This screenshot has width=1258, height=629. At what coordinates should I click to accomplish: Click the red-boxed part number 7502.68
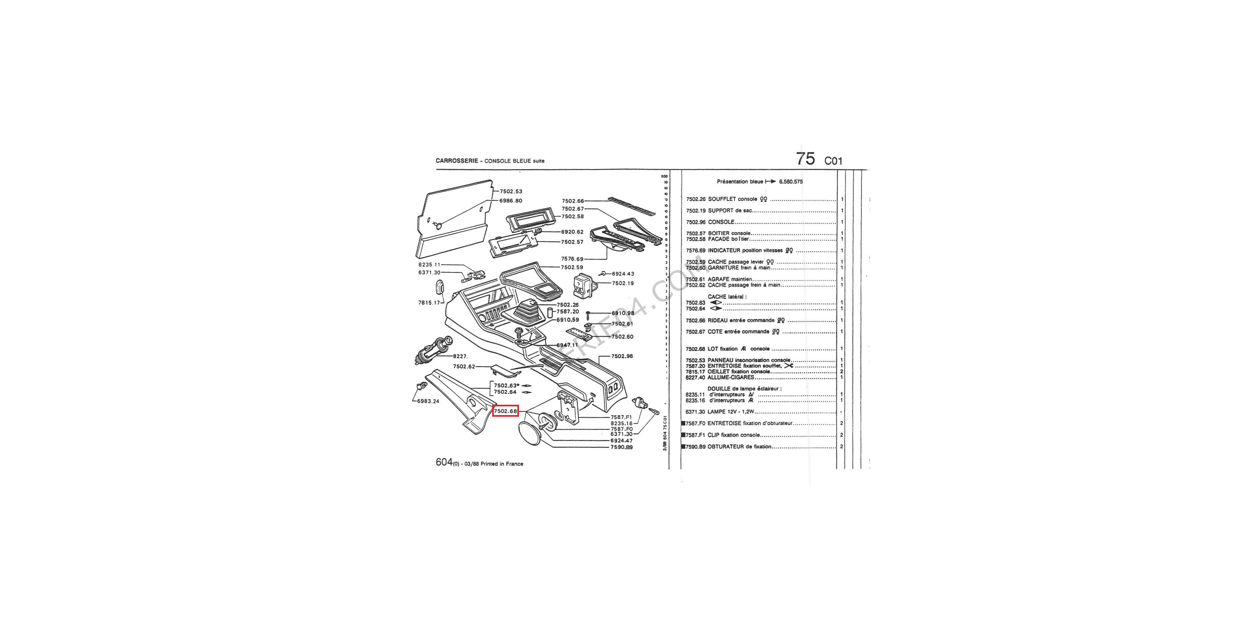[x=505, y=411]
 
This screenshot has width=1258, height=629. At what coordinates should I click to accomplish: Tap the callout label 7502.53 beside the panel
[x=510, y=192]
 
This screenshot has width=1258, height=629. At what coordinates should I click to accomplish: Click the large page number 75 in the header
[x=805, y=159]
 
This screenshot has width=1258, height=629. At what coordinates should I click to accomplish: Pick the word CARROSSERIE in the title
[x=457, y=161]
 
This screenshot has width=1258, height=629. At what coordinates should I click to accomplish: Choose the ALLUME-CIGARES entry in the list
[x=731, y=377]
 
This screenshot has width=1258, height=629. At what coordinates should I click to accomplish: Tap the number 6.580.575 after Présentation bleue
[x=791, y=182]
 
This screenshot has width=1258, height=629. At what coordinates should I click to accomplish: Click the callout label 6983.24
[x=428, y=401]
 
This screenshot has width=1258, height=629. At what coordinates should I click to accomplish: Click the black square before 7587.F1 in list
[x=683, y=435]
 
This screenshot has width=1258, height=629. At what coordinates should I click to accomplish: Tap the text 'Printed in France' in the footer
[x=502, y=464]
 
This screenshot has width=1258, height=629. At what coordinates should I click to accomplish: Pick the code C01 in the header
[x=833, y=161]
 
